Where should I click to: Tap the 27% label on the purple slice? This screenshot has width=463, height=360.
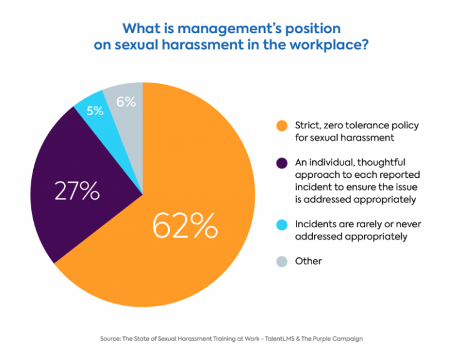tap(78, 190)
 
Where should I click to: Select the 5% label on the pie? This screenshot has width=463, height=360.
tap(95, 111)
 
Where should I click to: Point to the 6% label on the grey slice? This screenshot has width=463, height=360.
tap(126, 101)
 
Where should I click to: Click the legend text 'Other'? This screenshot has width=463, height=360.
tap(308, 260)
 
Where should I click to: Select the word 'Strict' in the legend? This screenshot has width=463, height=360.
tap(308, 126)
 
